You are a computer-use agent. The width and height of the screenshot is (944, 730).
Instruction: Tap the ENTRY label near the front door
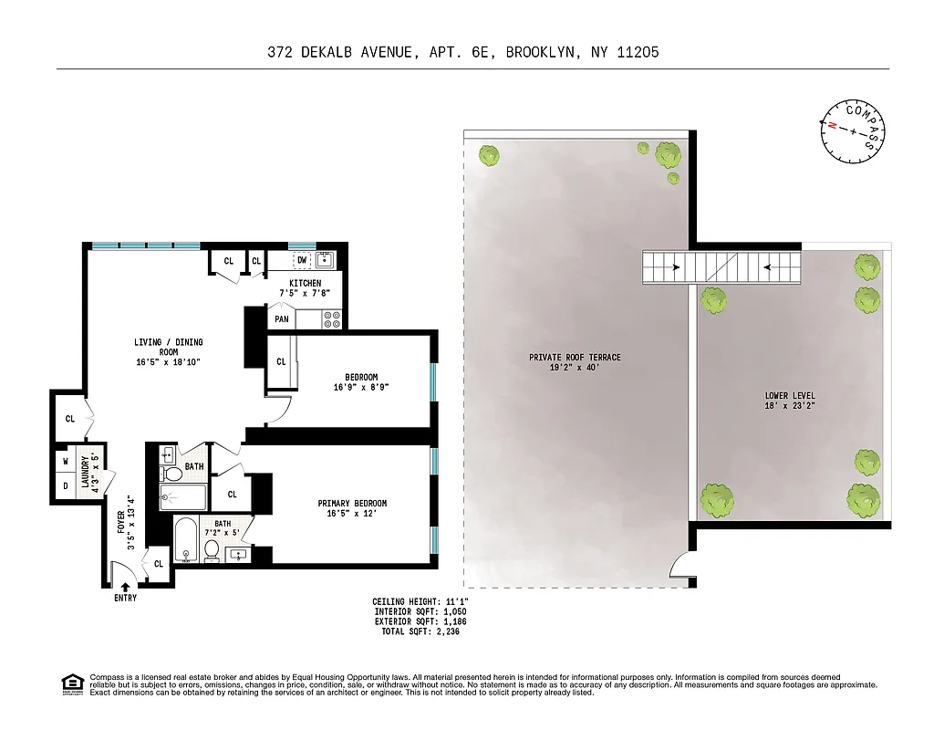pos(125,599)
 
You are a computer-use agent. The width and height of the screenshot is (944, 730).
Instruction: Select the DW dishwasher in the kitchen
pos(301,260)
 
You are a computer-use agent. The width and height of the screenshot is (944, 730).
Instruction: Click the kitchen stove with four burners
pos(331,319)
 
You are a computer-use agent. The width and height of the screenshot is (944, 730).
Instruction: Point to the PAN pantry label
pos(281,319)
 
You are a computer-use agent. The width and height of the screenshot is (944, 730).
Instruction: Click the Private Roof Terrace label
pos(575,362)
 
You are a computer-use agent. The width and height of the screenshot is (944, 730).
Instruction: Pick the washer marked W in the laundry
pos(65,461)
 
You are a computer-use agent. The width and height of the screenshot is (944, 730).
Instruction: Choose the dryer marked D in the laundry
pos(65,485)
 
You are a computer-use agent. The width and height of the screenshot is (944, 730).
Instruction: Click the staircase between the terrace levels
pos(721,268)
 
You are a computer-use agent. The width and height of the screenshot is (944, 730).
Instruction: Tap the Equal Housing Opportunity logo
pos(70,683)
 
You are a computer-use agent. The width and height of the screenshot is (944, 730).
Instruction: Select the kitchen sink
pos(326,259)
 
